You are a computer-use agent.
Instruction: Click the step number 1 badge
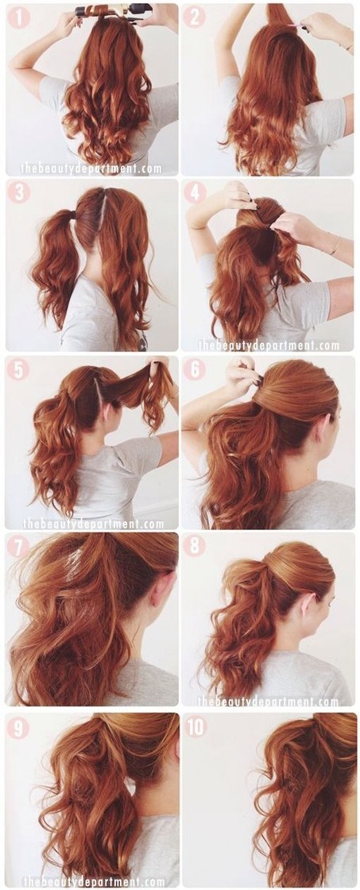18,17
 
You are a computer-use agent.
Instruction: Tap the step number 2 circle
194,17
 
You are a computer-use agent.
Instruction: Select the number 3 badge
18,192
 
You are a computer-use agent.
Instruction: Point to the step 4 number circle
194,192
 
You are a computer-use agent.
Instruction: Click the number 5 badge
18,370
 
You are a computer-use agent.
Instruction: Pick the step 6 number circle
194,370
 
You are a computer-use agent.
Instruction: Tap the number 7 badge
18,546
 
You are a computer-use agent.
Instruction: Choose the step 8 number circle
194,546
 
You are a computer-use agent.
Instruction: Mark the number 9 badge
18,727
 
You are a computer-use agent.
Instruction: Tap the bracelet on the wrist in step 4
335,246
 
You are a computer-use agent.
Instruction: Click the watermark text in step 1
91,168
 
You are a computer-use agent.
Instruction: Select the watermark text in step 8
268,702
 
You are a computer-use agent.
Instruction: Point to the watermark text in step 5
93,524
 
